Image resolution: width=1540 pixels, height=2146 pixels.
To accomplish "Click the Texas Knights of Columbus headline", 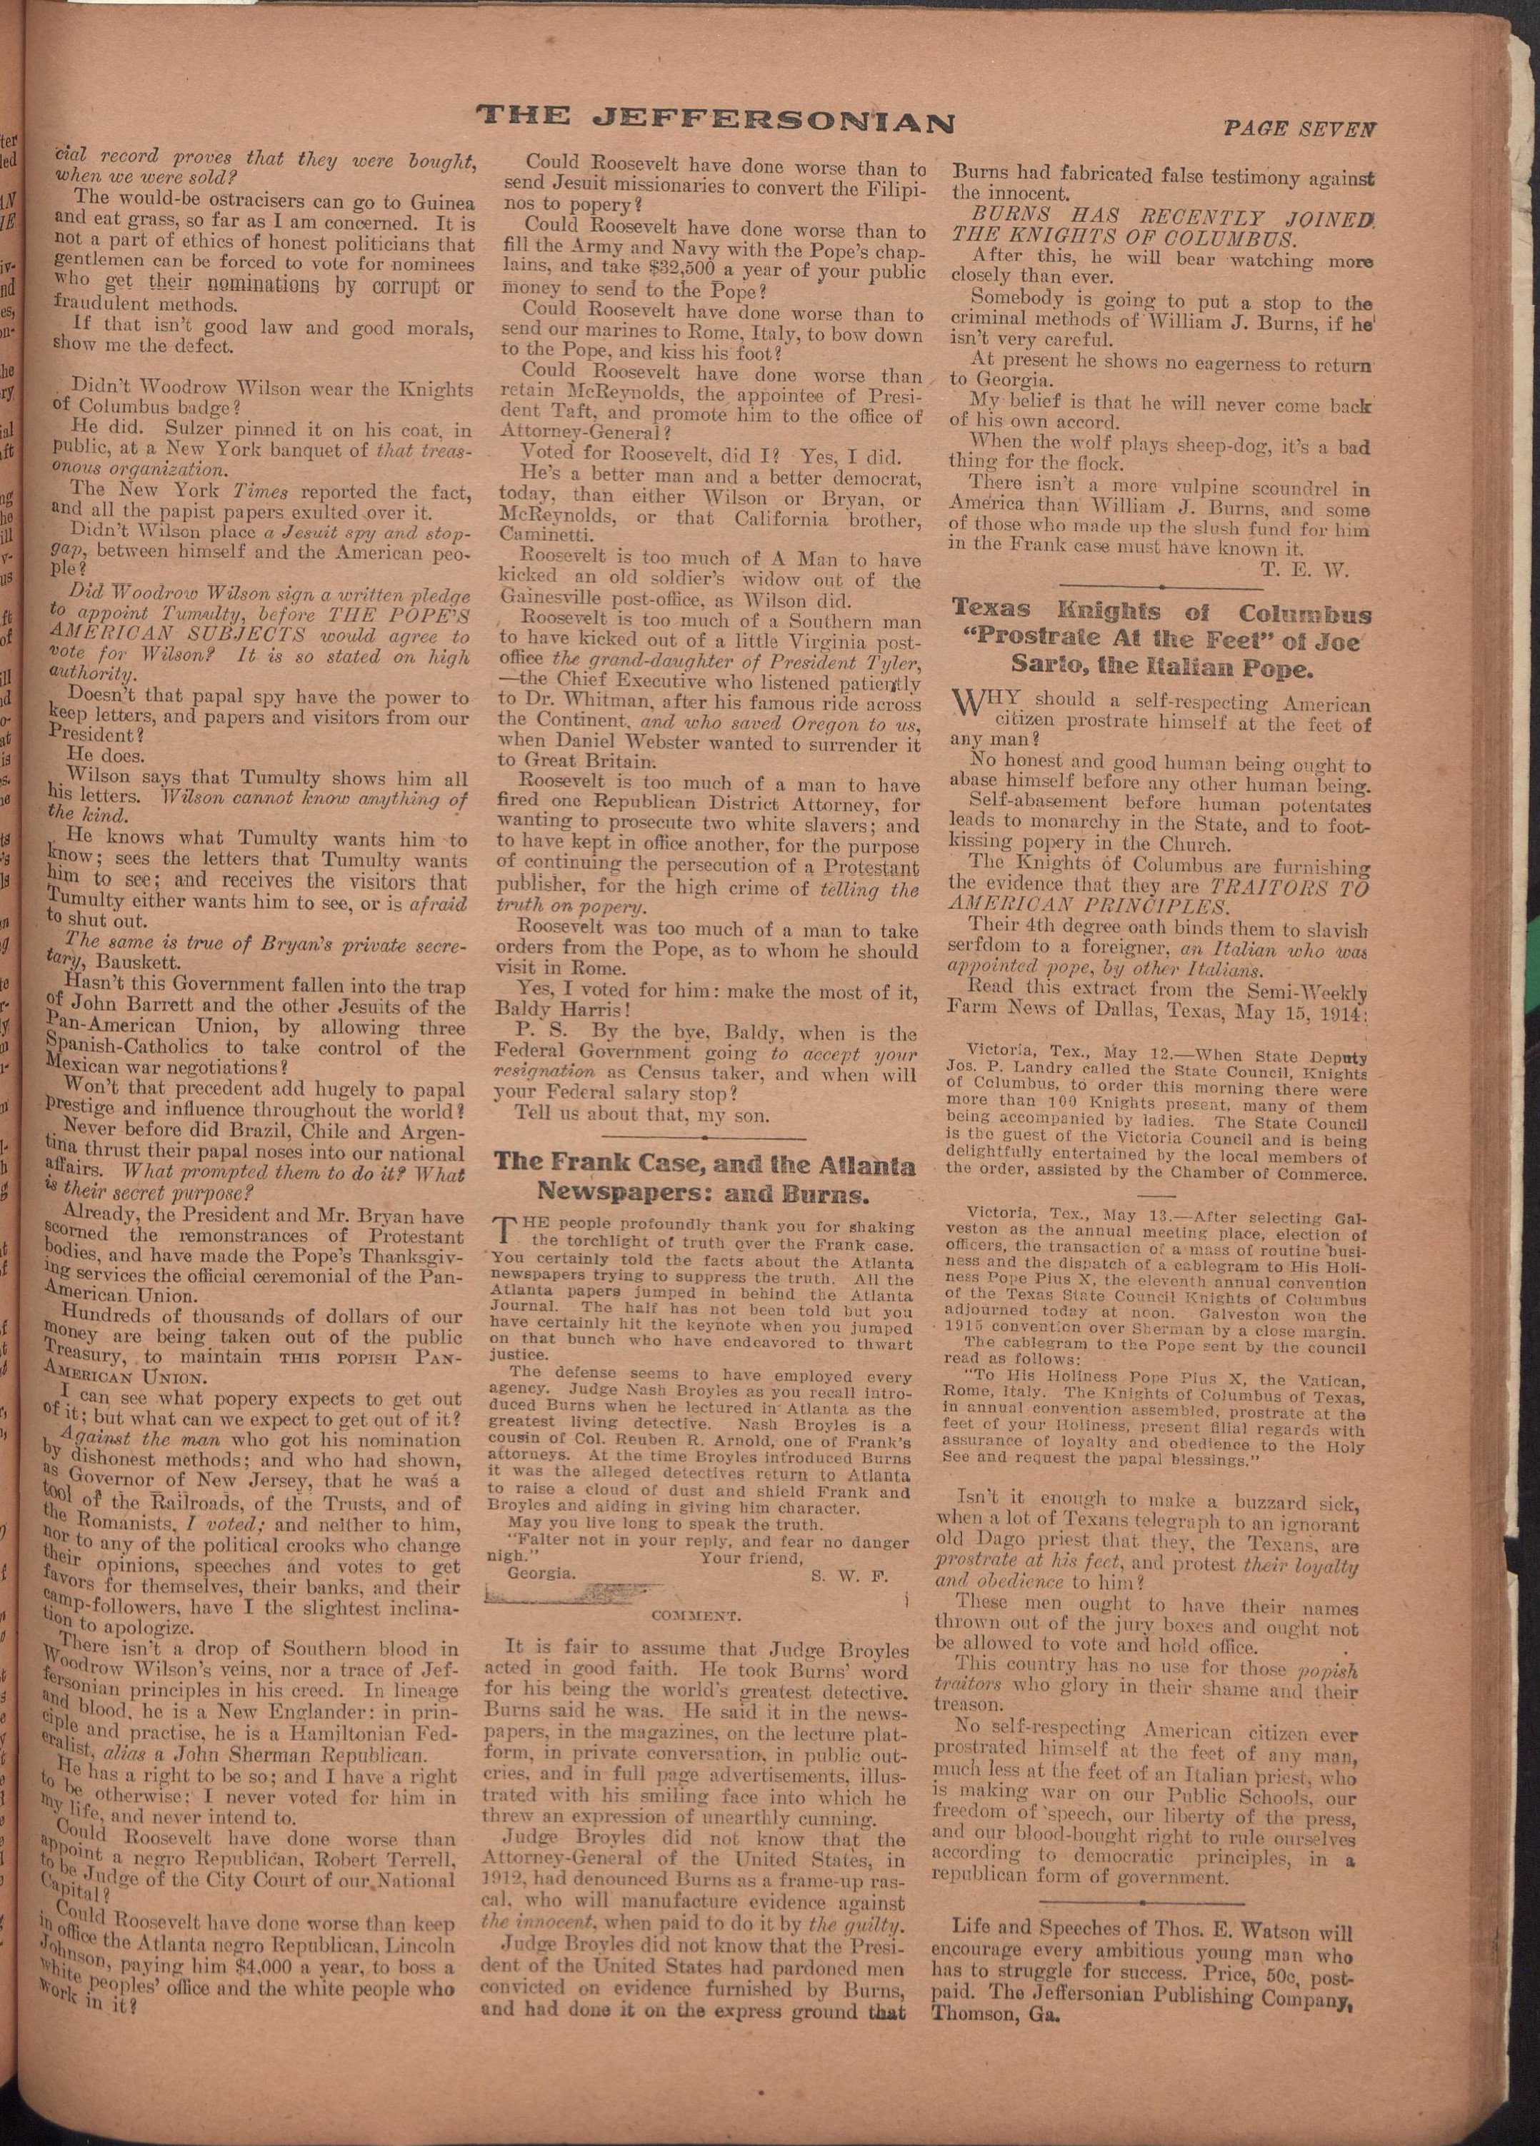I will [x=1161, y=640].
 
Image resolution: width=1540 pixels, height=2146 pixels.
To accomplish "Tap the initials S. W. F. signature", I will [x=850, y=1576].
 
